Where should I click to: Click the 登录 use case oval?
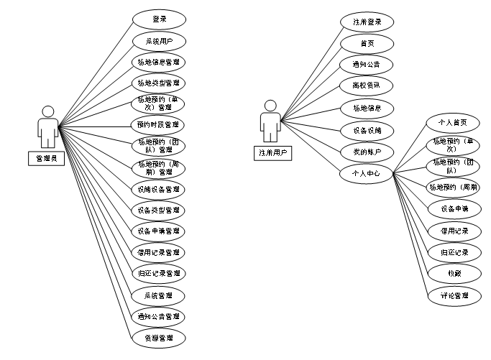pos(159,19)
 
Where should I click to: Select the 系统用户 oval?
pos(159,40)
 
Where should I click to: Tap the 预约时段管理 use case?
pos(159,125)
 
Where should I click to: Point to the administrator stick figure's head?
pos(48,111)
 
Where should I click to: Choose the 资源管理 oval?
pos(159,337)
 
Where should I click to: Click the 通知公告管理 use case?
pos(159,316)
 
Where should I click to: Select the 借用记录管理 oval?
pos(159,252)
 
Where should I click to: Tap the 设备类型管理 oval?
pos(159,211)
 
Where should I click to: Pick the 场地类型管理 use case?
pos(159,83)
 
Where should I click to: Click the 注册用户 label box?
pos(270,152)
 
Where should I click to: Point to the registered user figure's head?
pos(270,106)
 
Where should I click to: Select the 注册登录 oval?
pos(367,22)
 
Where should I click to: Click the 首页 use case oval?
pos(367,43)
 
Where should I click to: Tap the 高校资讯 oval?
pos(367,86)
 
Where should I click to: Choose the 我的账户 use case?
pos(367,152)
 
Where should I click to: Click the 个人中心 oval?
pos(367,173)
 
